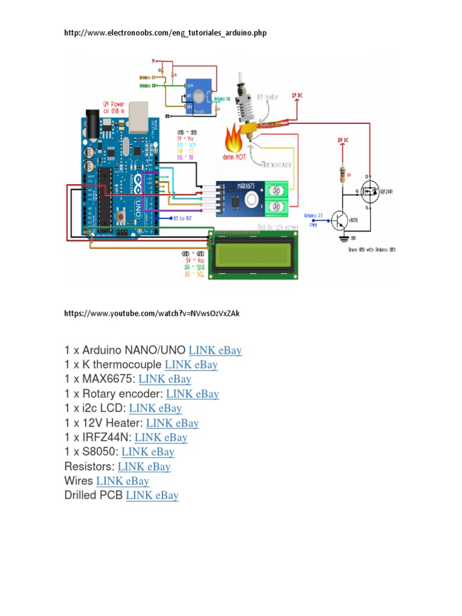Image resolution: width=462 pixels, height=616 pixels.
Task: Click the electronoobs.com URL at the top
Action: pos(165,33)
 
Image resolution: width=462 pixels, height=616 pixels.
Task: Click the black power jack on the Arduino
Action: pos(92,118)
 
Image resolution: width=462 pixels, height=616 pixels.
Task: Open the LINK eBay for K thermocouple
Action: pos(191,365)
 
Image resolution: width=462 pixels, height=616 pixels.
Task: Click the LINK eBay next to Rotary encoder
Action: pos(192,394)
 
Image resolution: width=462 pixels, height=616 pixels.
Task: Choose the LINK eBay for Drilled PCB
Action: pos(152,496)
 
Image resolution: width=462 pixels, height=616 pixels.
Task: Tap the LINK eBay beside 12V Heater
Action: pos(172,423)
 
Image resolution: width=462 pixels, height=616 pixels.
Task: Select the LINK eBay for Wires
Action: pos(123,481)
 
